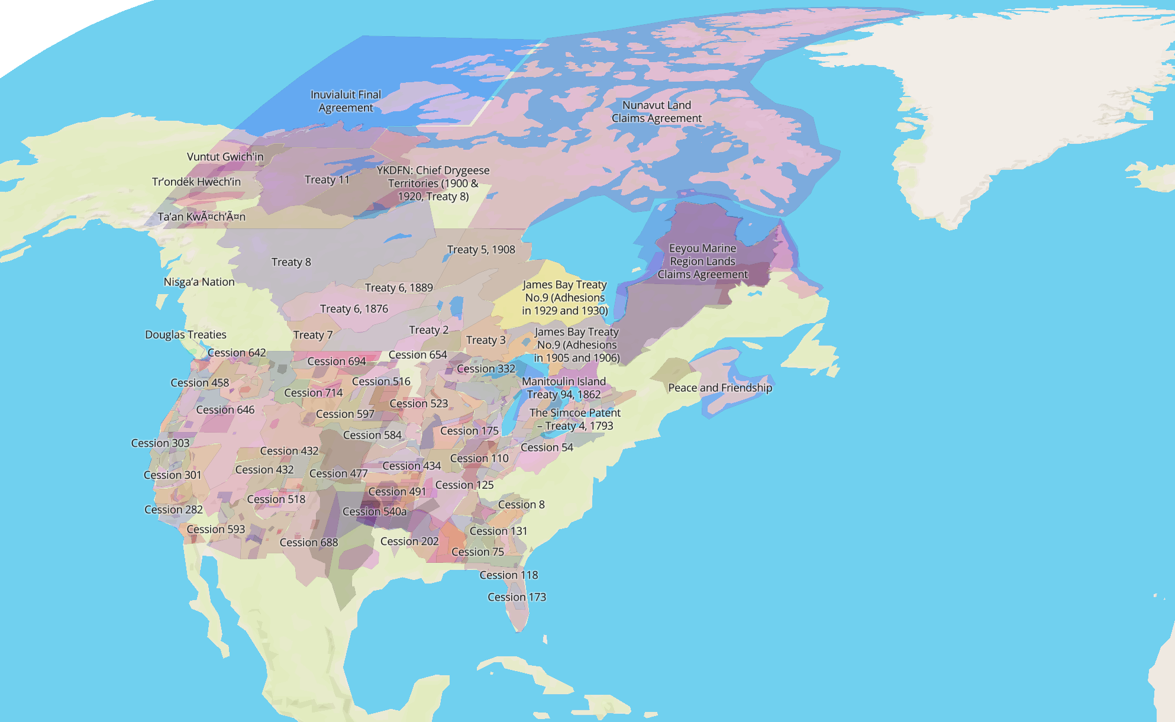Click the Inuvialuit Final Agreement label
coord(346,101)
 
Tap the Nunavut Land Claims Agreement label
coord(656,112)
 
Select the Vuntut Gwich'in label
coord(225,157)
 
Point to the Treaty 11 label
coord(327,180)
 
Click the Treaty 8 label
coord(290,262)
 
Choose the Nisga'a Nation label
coord(199,282)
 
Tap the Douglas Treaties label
coord(185,335)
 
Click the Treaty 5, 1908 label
coord(480,250)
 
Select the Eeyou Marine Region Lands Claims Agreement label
coord(702,262)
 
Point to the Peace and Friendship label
coord(719,388)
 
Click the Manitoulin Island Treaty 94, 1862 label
coord(563,388)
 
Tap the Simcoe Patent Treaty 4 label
coord(574,420)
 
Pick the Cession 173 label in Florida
coord(516,598)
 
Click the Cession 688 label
coord(308,543)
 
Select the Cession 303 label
coord(160,443)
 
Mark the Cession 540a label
coord(374,512)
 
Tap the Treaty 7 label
coord(312,336)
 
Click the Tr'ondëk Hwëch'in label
coord(196,182)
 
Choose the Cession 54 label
coord(546,448)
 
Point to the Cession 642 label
coord(236,353)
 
